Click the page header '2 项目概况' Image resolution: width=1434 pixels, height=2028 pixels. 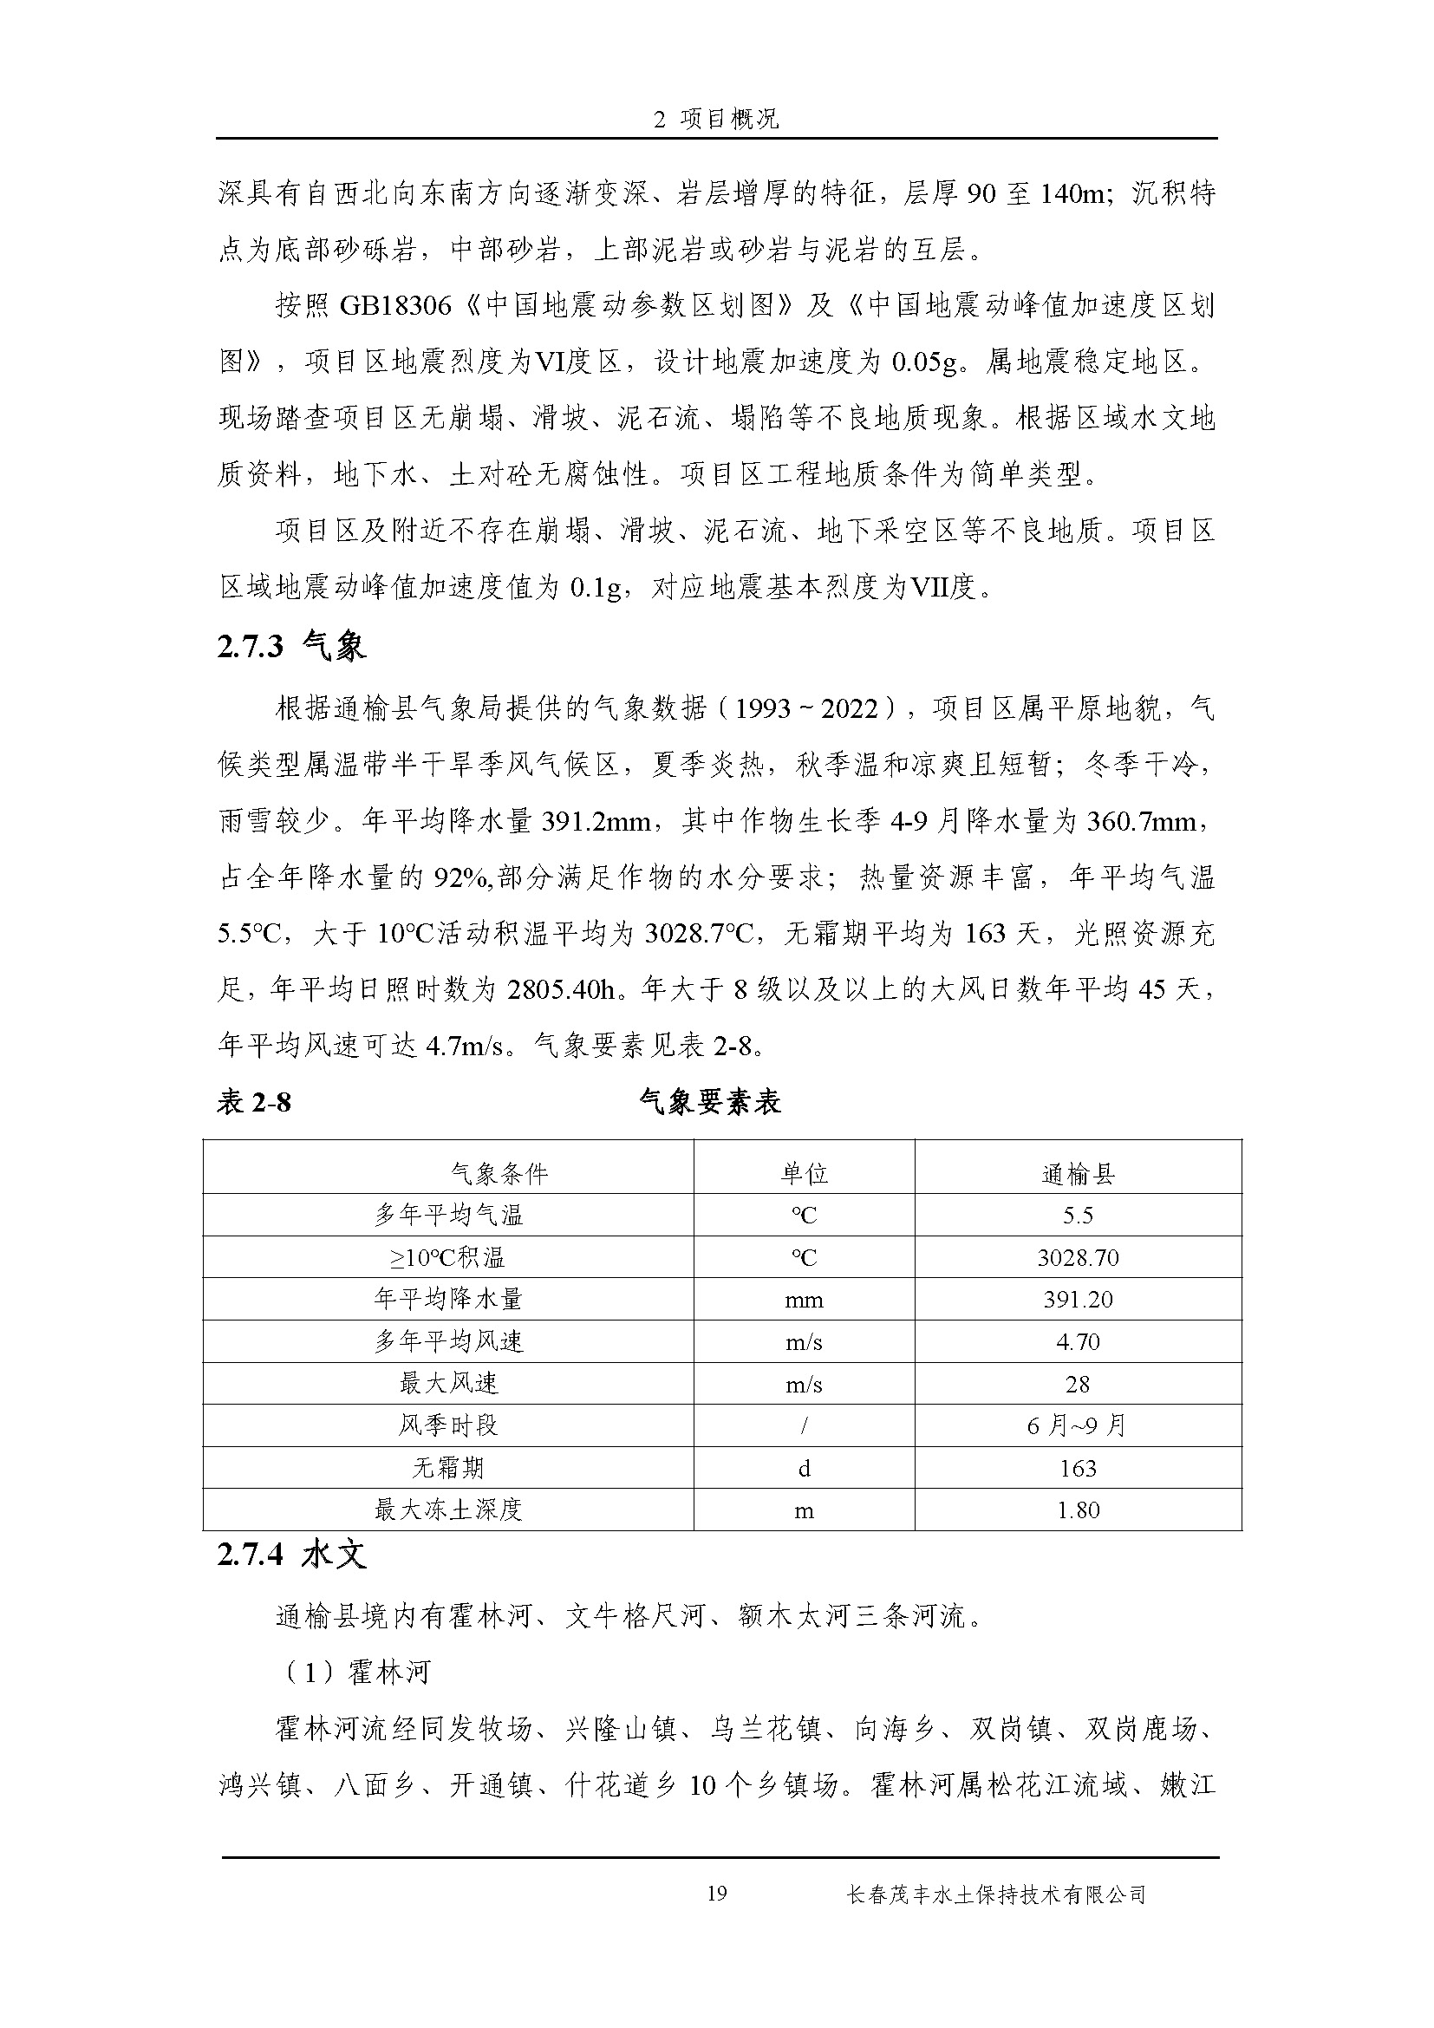(x=716, y=120)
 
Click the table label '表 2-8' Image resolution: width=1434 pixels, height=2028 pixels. (x=253, y=1102)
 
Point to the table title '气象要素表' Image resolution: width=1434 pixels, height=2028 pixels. (x=710, y=1102)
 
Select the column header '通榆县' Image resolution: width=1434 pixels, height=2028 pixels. (x=1078, y=1174)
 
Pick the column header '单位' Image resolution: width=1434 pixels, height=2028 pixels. (x=804, y=1174)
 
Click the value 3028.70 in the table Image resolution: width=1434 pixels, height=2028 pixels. (x=1078, y=1258)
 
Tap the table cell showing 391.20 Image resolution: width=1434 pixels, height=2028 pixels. (x=1078, y=1300)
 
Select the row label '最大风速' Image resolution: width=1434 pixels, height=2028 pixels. (x=448, y=1384)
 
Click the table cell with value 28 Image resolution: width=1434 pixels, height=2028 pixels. (x=1078, y=1384)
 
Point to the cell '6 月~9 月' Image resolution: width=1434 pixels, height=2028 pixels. (x=1078, y=1425)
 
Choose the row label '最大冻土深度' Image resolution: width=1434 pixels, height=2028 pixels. (x=448, y=1510)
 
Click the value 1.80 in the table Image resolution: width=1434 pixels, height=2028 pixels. (x=1078, y=1510)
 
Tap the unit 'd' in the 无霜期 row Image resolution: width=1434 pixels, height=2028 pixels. (x=804, y=1468)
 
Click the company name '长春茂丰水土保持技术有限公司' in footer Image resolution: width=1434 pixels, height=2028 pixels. (x=995, y=1894)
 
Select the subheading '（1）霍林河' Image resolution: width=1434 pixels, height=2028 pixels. (x=353, y=1672)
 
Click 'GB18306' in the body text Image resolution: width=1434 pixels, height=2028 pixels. (x=394, y=306)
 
